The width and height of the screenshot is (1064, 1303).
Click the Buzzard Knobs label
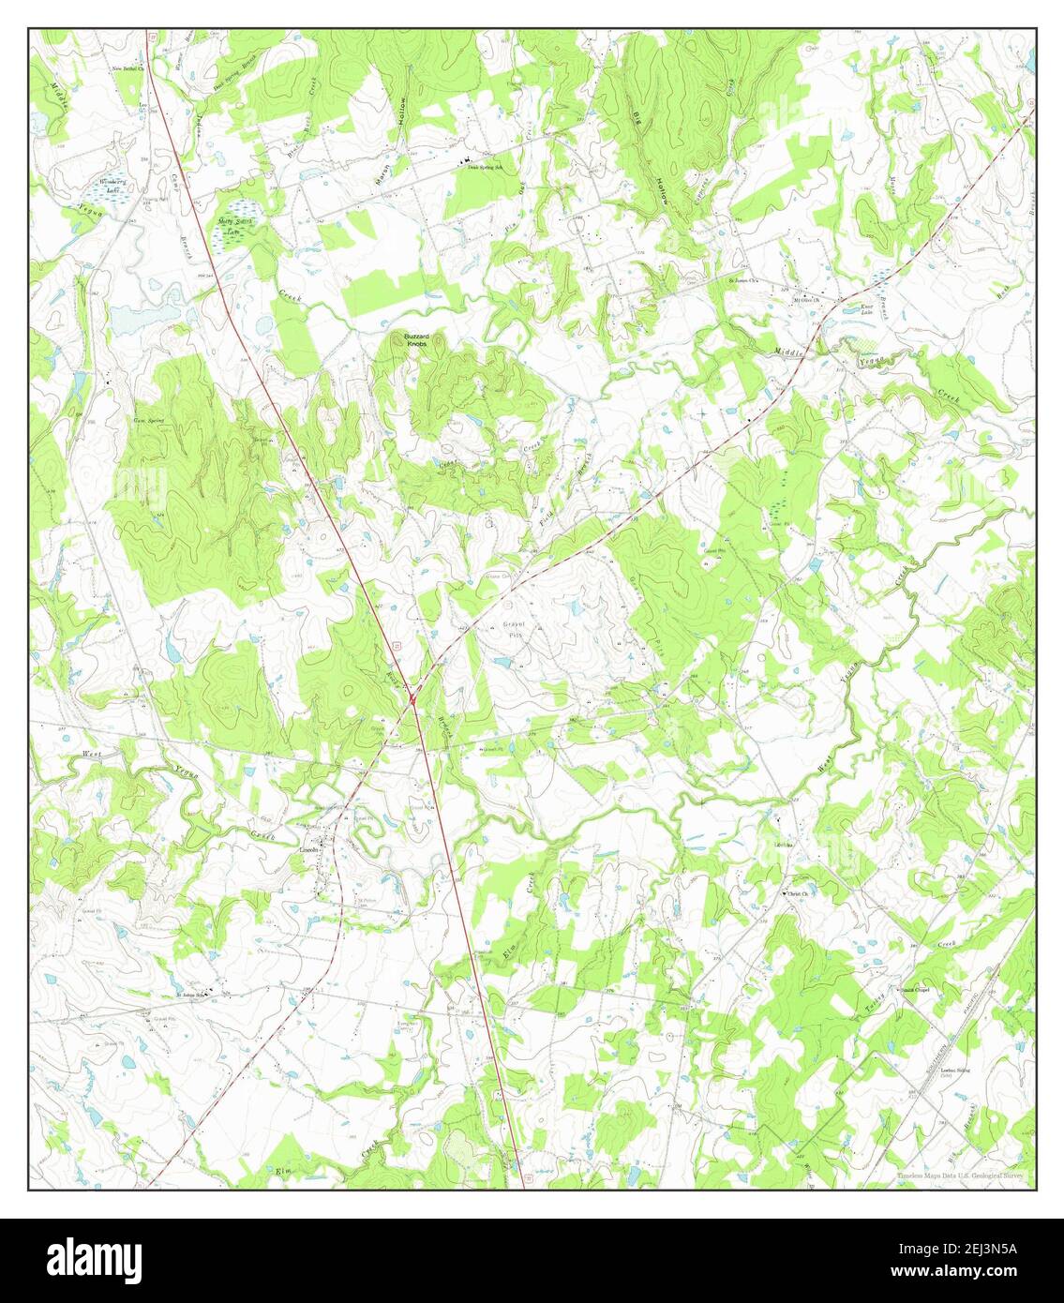(x=418, y=340)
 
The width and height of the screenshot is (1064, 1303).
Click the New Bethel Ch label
(x=131, y=68)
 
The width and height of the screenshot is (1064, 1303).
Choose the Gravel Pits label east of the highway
(x=516, y=629)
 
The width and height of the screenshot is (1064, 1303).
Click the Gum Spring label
(x=149, y=421)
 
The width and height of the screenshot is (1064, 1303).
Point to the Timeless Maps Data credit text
(x=961, y=1176)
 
